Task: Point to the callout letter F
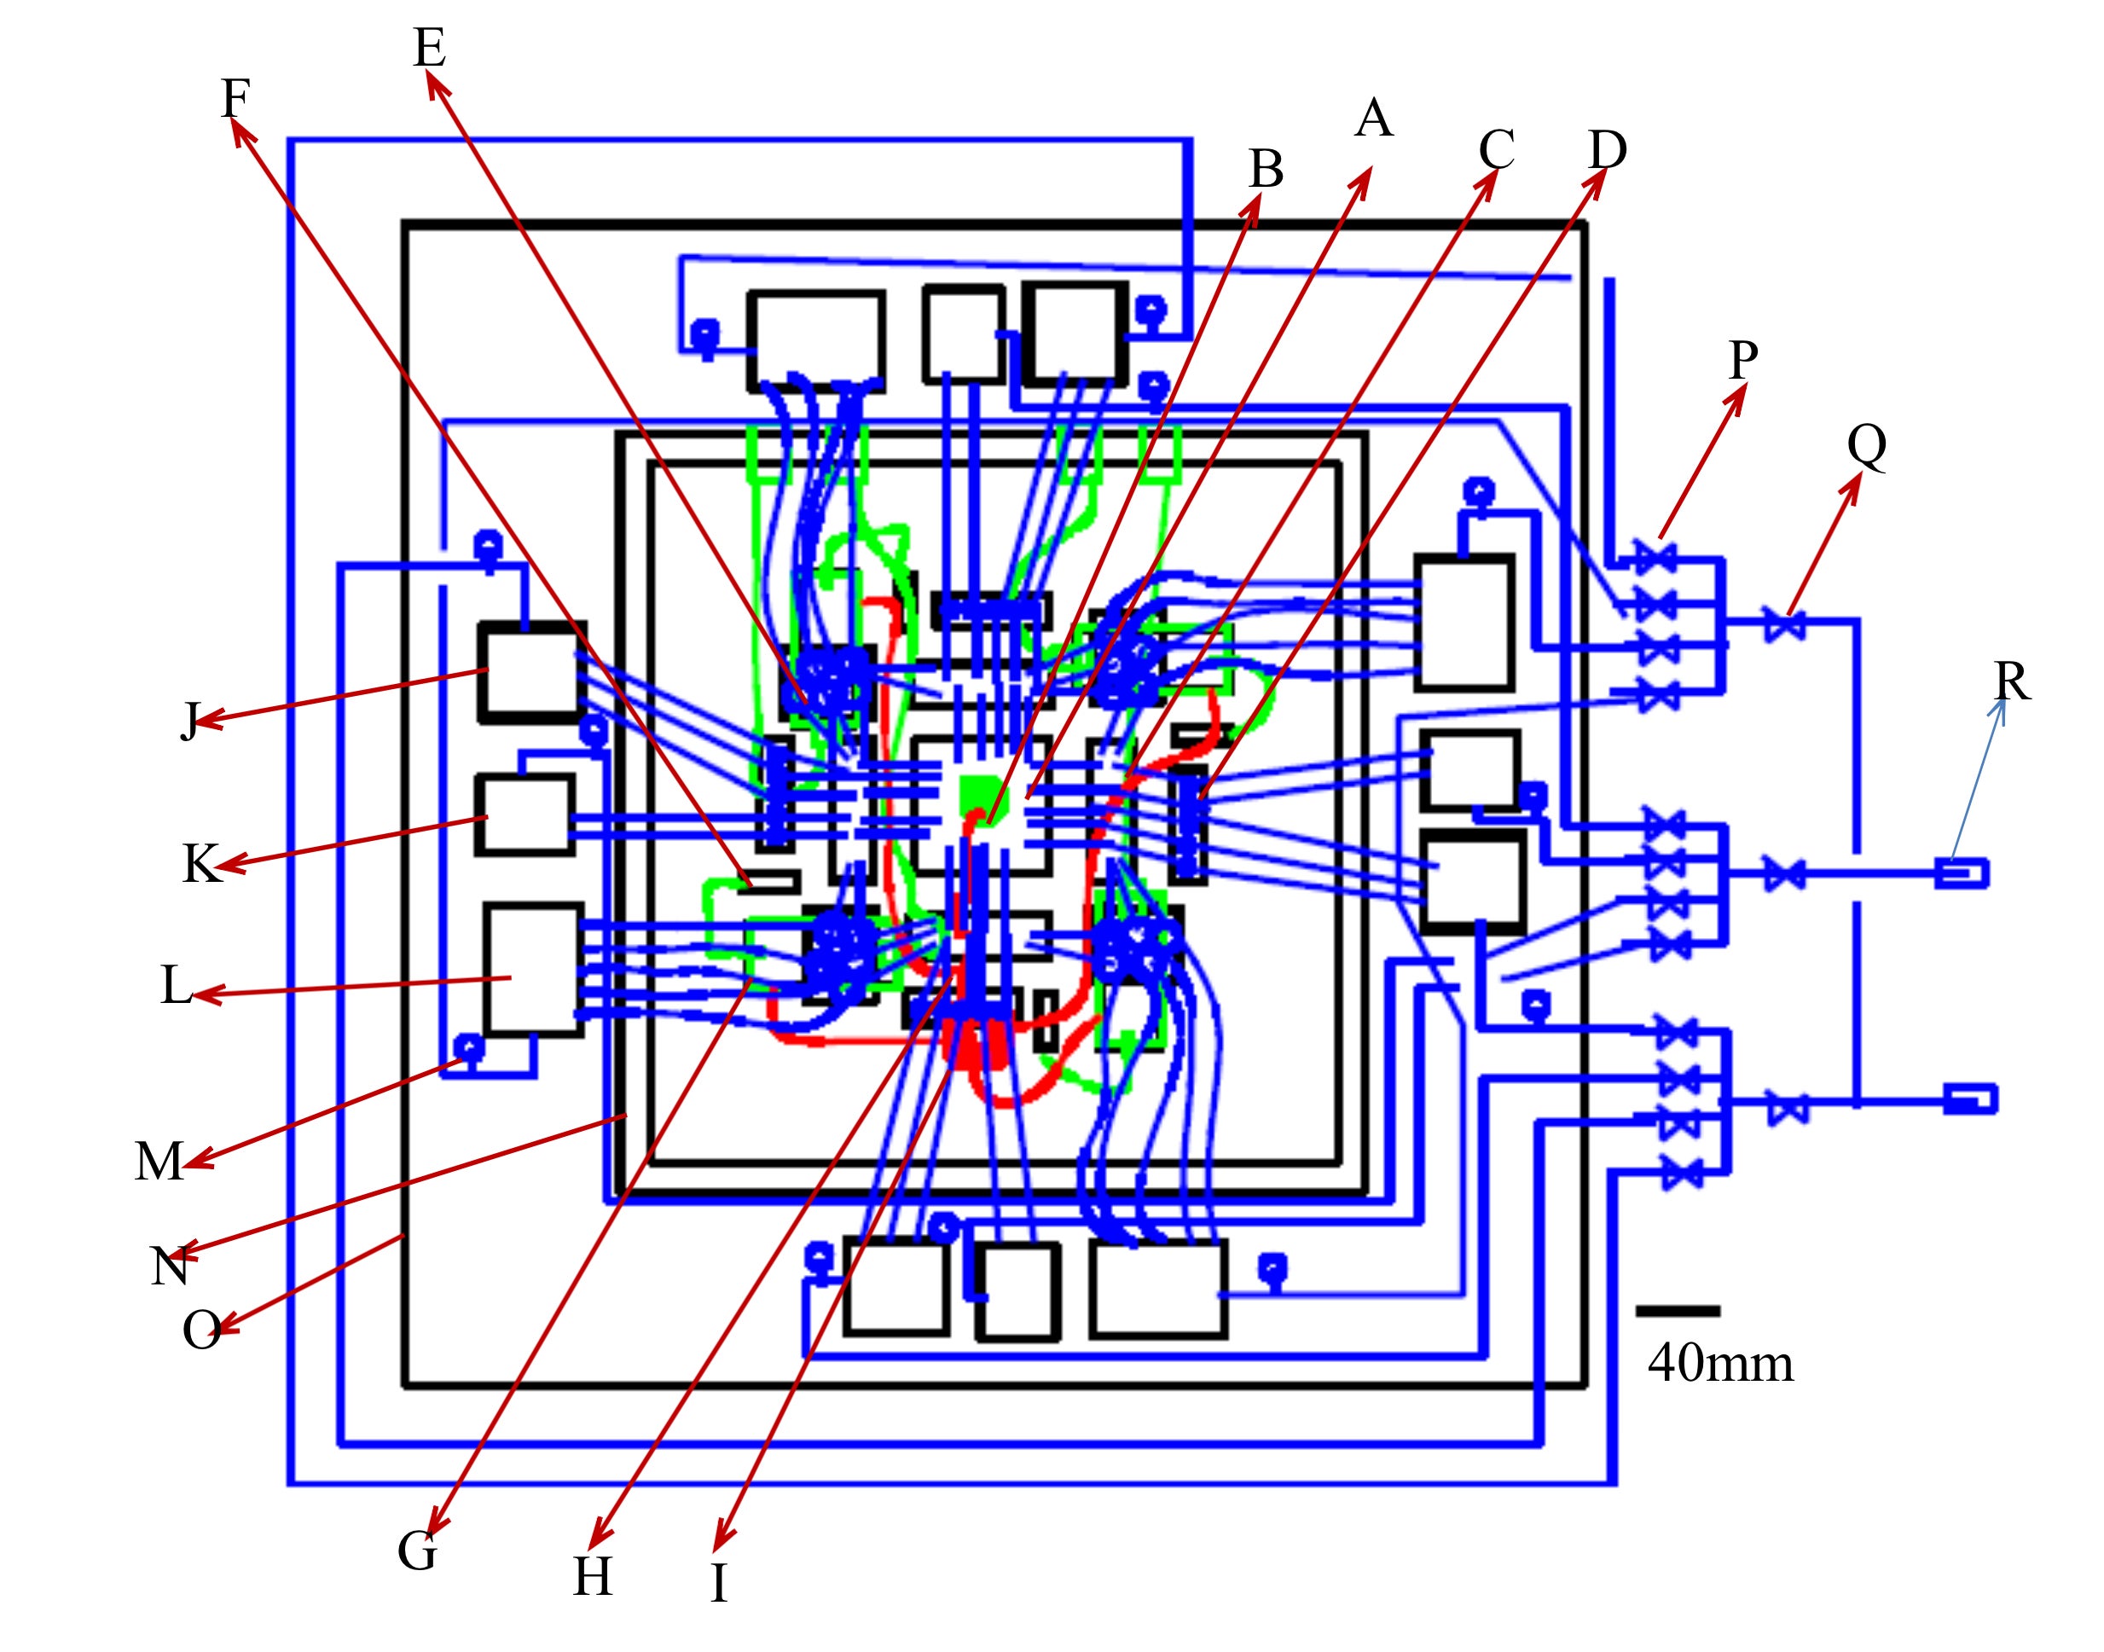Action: pyautogui.click(x=235, y=98)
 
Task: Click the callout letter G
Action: pyautogui.click(x=418, y=1551)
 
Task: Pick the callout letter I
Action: pyautogui.click(x=718, y=1583)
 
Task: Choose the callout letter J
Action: pyautogui.click(x=190, y=721)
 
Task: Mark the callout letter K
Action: pyautogui.click(x=200, y=864)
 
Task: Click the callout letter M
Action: pyautogui.click(x=158, y=1162)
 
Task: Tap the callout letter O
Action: pyautogui.click(x=200, y=1330)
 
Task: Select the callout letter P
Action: pyautogui.click(x=1742, y=361)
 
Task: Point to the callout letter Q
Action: pyautogui.click(x=1866, y=445)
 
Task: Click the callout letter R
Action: pyautogui.click(x=2011, y=682)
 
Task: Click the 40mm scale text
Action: pyautogui.click(x=1720, y=1364)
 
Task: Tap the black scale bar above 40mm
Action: pyautogui.click(x=1677, y=1312)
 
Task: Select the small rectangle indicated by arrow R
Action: pyautogui.click(x=1962, y=873)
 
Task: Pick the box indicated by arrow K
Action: pyautogui.click(x=525, y=814)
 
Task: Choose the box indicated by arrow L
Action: pyautogui.click(x=533, y=969)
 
